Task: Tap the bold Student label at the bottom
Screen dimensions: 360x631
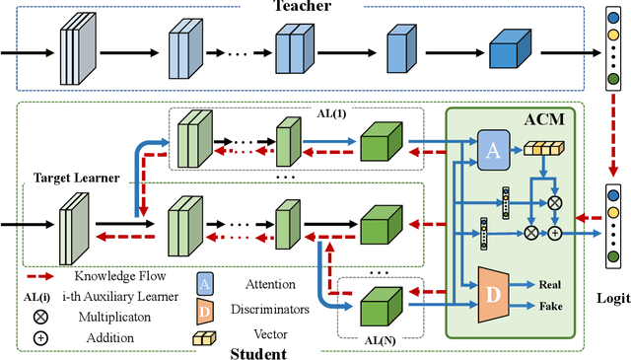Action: coord(259,352)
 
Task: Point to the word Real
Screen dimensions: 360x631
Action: coord(550,283)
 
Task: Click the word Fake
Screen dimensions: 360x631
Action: coord(550,306)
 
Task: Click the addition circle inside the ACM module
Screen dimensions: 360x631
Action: coord(554,233)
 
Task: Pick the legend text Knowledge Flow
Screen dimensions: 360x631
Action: coord(119,276)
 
